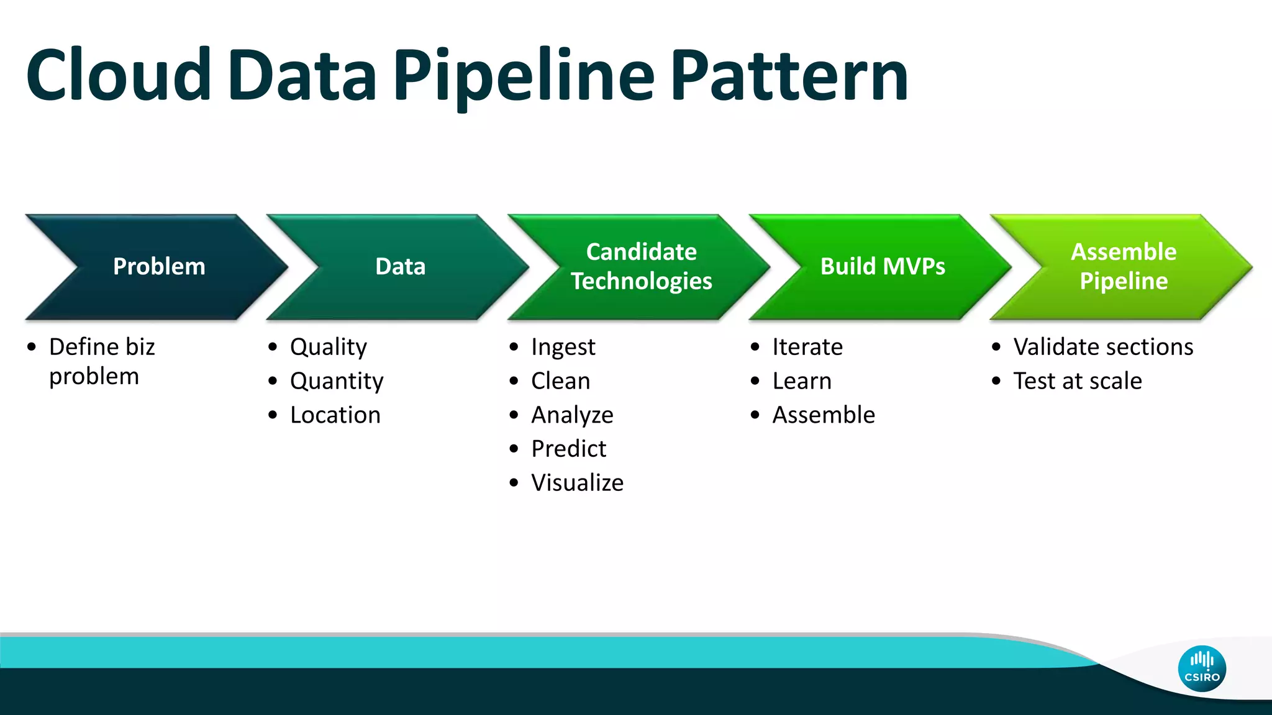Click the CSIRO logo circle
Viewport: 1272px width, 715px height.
(x=1201, y=668)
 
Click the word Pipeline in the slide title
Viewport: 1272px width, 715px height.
(x=524, y=76)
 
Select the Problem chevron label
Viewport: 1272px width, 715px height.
(x=159, y=266)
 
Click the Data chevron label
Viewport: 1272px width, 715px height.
(x=400, y=266)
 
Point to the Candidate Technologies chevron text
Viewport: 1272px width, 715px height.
(x=641, y=266)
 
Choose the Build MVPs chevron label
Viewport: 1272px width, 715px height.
(x=882, y=266)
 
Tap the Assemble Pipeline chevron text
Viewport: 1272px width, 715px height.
(x=1123, y=266)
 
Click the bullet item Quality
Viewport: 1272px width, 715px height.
(x=328, y=347)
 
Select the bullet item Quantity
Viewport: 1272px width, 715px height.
(x=336, y=381)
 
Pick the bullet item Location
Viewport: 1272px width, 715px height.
(x=335, y=415)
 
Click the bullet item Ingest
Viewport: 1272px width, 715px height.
(x=563, y=347)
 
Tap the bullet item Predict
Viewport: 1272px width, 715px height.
(x=568, y=449)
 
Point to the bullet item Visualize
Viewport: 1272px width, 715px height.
(x=577, y=483)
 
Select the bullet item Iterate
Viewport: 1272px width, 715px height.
(x=807, y=347)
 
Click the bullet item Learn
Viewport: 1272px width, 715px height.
(x=801, y=381)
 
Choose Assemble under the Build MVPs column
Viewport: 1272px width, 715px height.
(x=823, y=415)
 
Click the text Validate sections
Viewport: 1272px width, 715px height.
(x=1102, y=347)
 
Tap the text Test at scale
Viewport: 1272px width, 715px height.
(x=1077, y=381)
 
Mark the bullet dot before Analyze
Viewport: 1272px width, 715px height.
(x=514, y=415)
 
